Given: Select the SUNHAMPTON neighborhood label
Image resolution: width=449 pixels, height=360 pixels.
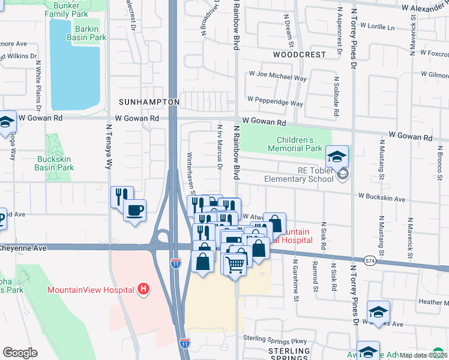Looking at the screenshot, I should [149, 102].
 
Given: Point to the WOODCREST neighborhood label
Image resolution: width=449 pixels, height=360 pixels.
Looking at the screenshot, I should [299, 54].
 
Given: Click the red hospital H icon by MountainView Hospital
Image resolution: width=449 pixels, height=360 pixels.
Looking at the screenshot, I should [143, 290].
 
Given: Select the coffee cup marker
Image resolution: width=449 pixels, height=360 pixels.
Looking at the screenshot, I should [135, 211].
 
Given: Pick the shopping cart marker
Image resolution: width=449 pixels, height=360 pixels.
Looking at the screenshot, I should [235, 262].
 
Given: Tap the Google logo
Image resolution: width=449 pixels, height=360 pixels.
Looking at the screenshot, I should [20, 353].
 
